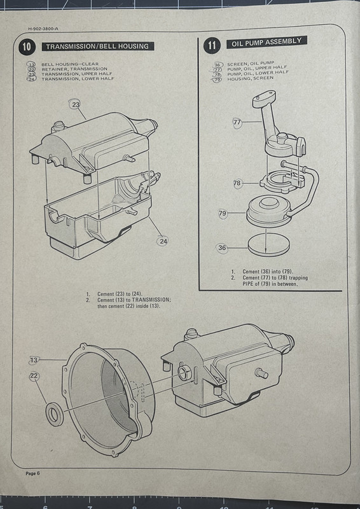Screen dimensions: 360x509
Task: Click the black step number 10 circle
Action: point(27,46)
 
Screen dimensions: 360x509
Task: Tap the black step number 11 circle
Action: point(212,45)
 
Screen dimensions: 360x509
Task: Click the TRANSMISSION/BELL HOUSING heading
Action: point(98,46)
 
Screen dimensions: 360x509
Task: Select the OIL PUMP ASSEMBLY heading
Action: point(267,42)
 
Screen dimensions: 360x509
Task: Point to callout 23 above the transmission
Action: point(76,104)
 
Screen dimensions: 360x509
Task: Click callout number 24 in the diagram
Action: point(163,241)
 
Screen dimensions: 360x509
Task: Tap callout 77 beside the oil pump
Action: point(237,122)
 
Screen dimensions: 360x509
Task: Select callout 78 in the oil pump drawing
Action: point(237,183)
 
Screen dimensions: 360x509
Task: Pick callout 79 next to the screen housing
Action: point(223,213)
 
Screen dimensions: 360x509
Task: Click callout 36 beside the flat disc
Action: point(222,248)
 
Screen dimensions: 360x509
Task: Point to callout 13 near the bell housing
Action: point(34,360)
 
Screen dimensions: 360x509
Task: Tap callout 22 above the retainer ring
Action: point(34,377)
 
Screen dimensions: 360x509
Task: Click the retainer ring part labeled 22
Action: point(55,414)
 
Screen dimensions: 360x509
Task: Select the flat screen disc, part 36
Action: point(269,244)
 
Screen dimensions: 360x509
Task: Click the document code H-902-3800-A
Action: point(43,29)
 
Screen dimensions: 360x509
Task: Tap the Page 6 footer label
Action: point(32,473)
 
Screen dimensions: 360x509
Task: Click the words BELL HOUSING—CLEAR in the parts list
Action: point(70,64)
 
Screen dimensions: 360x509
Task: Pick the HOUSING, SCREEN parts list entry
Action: point(250,78)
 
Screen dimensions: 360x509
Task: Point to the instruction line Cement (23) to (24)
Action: point(120,294)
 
